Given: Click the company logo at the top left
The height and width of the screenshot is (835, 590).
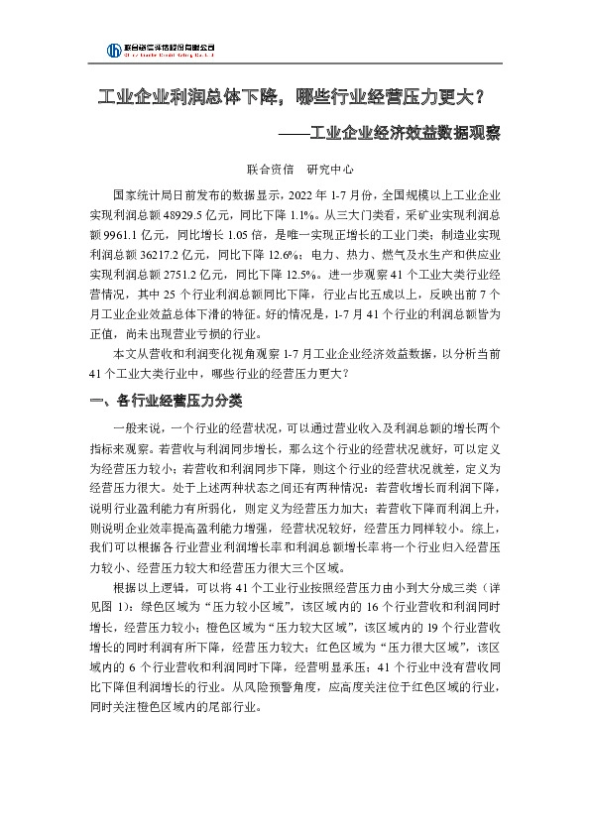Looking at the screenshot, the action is click(x=160, y=50).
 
